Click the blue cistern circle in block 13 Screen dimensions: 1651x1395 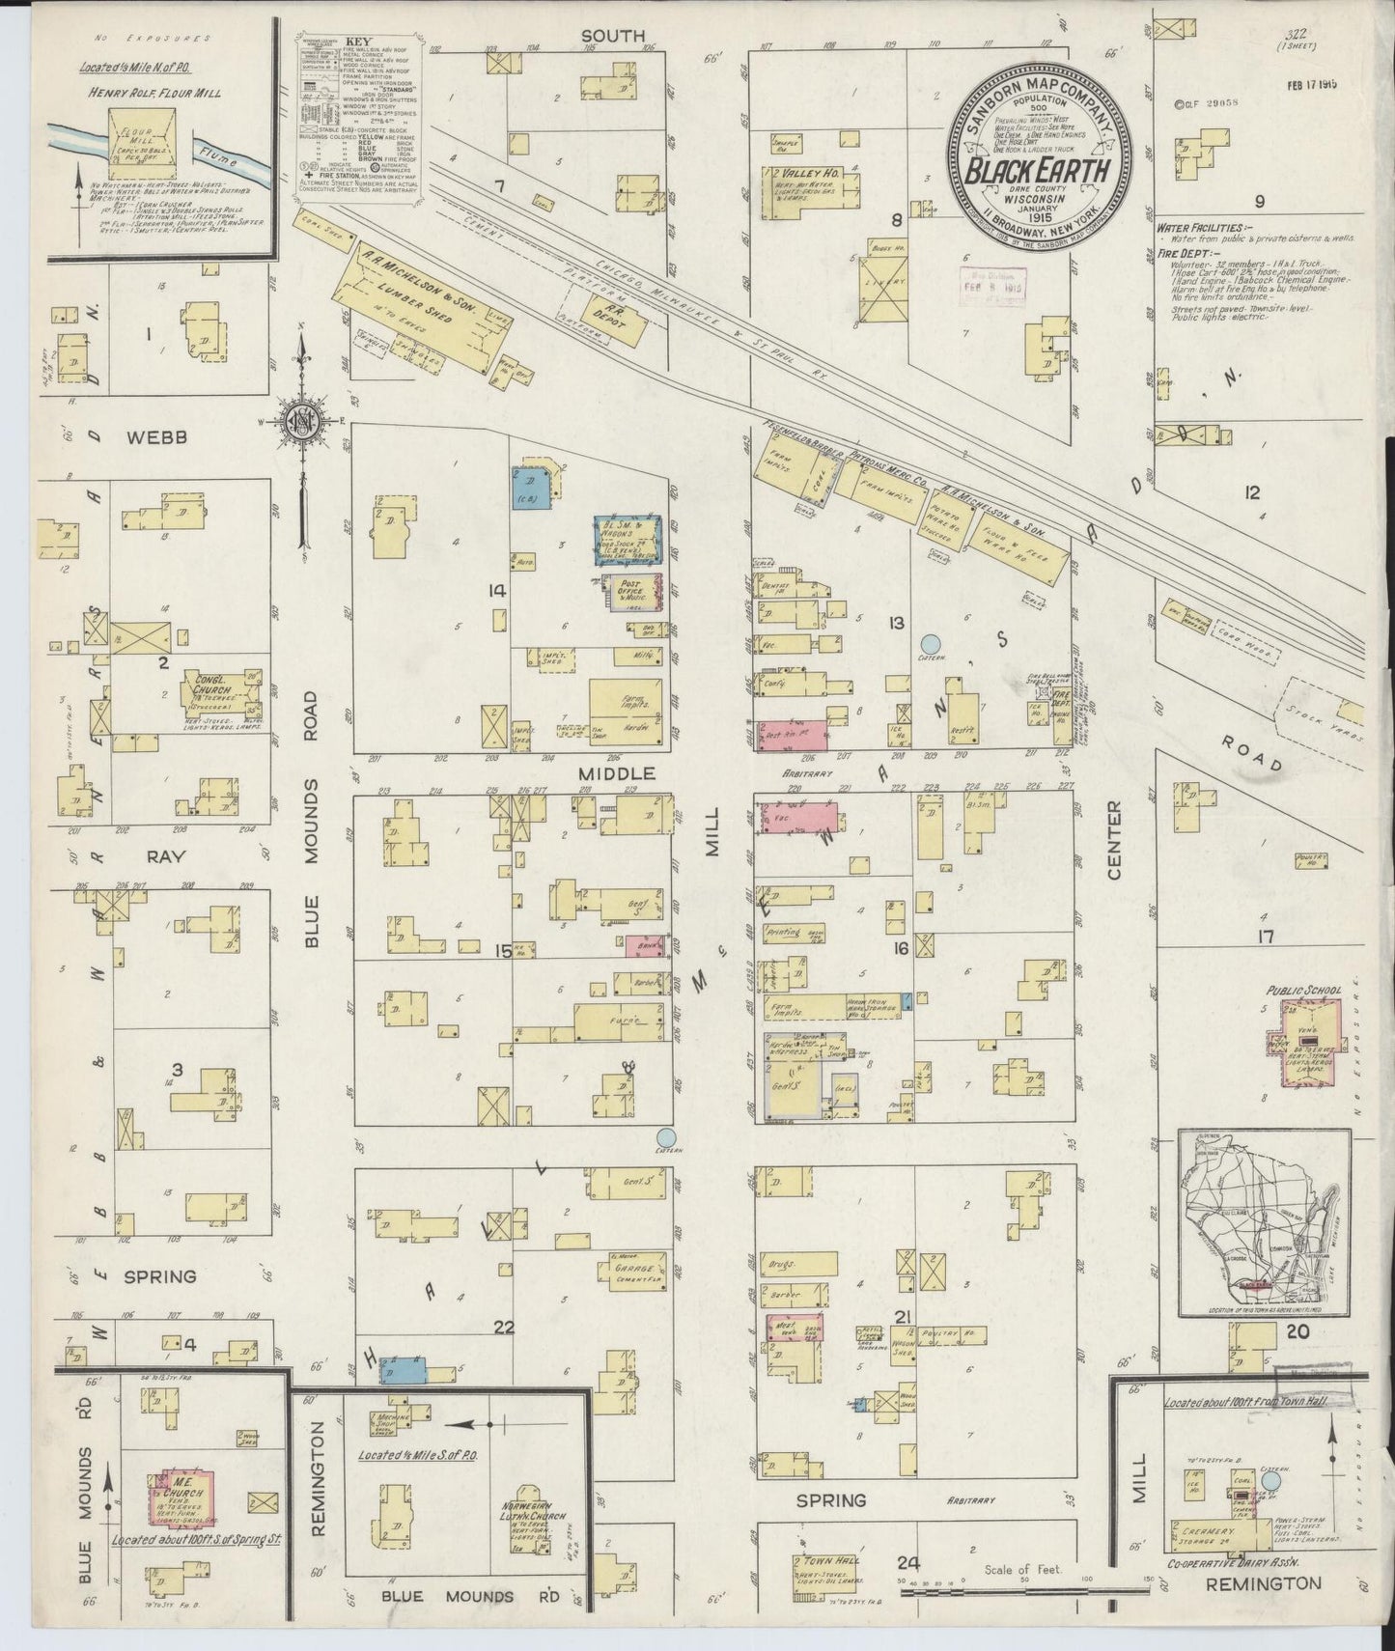(x=930, y=642)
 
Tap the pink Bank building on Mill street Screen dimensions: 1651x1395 (x=644, y=945)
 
